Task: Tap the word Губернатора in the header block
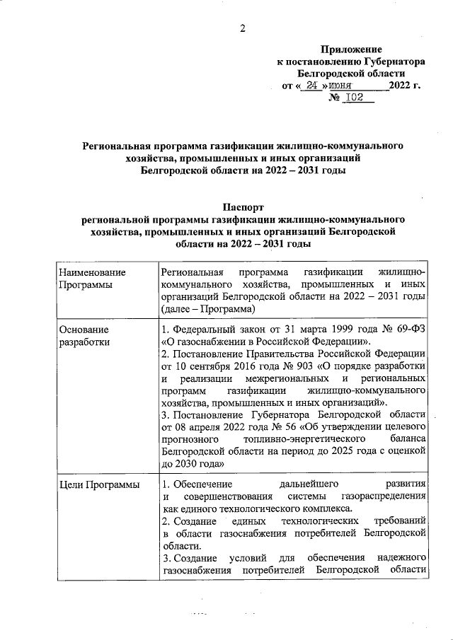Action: coord(392,62)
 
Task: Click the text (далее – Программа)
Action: coord(208,309)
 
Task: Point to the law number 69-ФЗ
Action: coord(406,329)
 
